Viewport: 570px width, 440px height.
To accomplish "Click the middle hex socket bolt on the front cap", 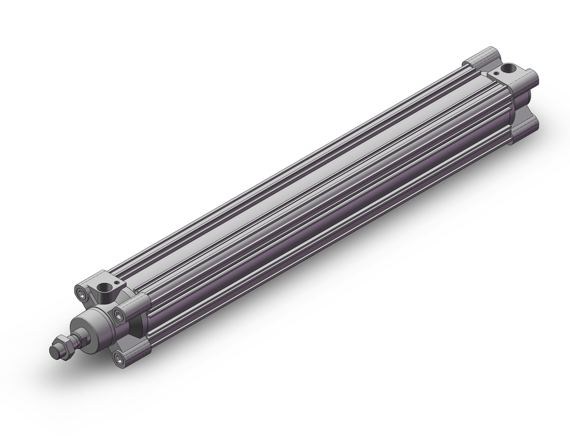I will coord(119,315).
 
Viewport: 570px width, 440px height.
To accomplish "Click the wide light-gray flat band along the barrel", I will coord(319,188).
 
